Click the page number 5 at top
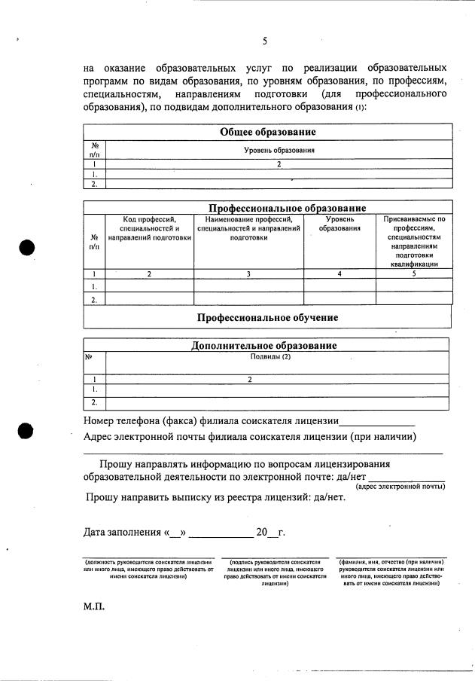[265, 41]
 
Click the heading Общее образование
[267, 132]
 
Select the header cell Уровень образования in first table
[278, 150]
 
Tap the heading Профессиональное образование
[287, 208]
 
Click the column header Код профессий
[149, 228]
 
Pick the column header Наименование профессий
[248, 228]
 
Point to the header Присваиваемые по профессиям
[414, 242]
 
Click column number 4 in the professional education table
[340, 274]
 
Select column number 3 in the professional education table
[248, 274]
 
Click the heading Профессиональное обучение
[267, 317]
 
